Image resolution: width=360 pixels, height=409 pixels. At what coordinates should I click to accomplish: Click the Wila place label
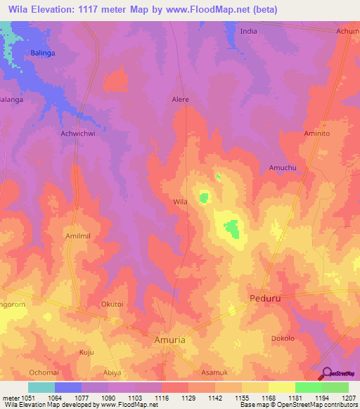(181, 202)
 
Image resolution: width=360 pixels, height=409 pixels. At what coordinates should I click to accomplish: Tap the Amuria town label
(169, 339)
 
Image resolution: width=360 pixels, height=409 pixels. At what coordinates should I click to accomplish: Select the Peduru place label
(266, 299)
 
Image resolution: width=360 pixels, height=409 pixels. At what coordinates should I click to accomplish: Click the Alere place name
(181, 100)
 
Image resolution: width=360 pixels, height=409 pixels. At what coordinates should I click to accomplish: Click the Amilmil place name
(79, 237)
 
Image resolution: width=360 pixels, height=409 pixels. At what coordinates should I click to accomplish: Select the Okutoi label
(112, 305)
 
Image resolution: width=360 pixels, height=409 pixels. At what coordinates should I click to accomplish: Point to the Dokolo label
(283, 338)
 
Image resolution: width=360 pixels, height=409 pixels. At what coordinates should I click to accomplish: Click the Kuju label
(86, 351)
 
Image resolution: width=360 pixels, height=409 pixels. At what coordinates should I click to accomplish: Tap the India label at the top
(249, 32)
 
